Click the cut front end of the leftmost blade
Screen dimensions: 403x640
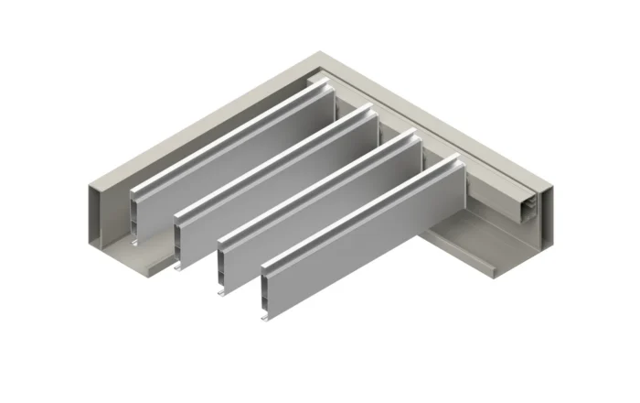[x=136, y=216]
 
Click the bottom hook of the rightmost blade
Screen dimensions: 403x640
[x=265, y=317]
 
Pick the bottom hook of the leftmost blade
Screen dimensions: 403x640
[x=136, y=242]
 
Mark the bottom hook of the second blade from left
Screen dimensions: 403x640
[x=179, y=267]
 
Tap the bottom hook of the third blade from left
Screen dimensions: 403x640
[x=223, y=293]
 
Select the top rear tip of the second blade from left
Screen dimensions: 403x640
[x=370, y=107]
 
